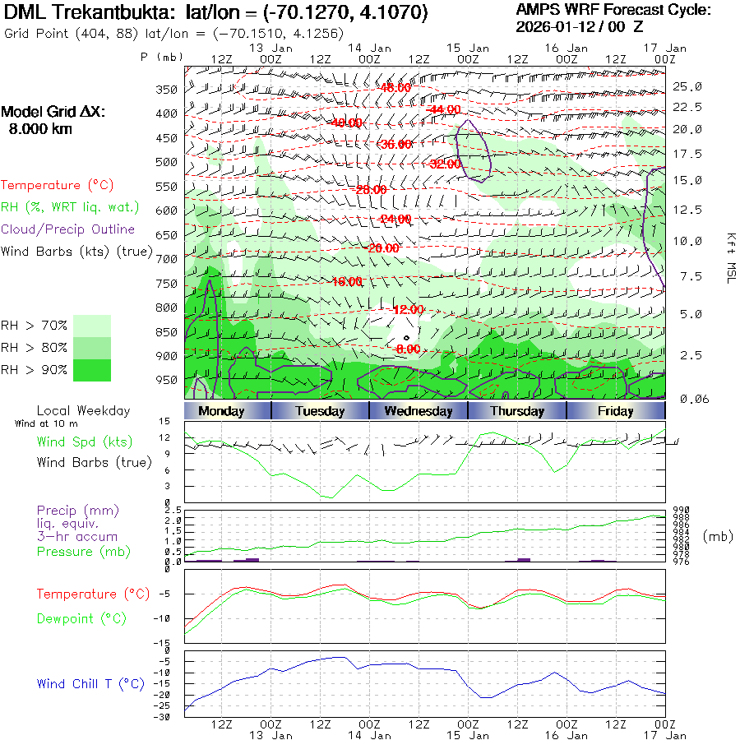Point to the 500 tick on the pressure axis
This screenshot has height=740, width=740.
(x=167, y=162)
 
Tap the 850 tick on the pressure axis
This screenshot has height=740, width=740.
(x=167, y=332)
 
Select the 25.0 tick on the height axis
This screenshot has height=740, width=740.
(x=687, y=86)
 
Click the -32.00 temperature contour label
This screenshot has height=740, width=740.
(x=446, y=164)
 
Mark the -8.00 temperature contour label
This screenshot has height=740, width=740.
(x=409, y=349)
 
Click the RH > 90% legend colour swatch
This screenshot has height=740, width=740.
(x=91, y=370)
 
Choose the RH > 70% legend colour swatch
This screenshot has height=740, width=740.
(x=91, y=326)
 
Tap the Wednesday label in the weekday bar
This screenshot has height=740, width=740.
(x=419, y=411)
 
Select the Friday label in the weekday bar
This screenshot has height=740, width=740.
(x=615, y=411)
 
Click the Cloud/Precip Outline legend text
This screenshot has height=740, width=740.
(x=68, y=229)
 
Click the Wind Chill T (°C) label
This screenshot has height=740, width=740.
(x=90, y=683)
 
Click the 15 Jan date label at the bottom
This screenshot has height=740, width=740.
(x=468, y=735)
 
